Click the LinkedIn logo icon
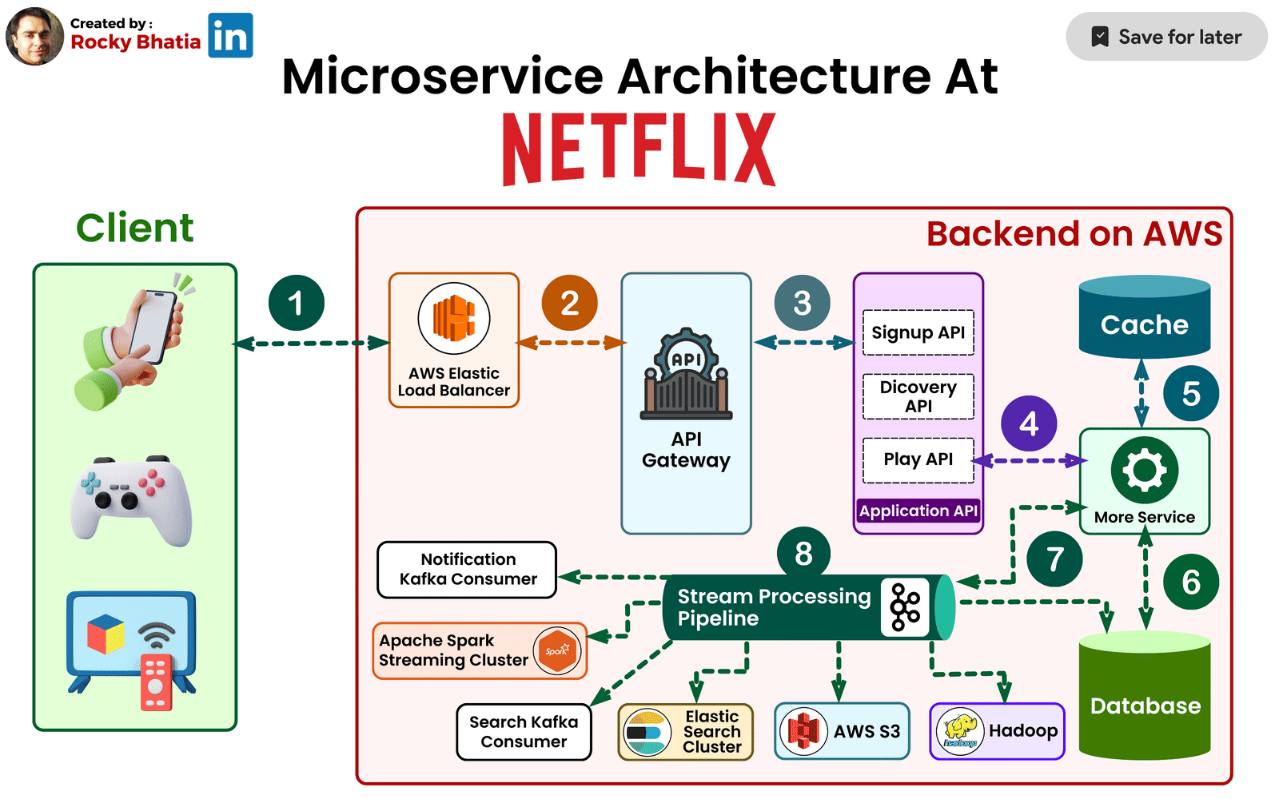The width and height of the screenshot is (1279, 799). (x=230, y=36)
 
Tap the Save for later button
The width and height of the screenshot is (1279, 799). (x=1166, y=37)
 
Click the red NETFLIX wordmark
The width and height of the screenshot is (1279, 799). (x=639, y=149)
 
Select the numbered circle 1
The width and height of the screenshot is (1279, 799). (x=296, y=303)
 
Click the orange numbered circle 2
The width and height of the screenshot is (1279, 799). (x=569, y=303)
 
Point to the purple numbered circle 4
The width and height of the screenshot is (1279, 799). (x=1029, y=423)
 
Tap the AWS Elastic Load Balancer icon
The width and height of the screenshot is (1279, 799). (x=454, y=318)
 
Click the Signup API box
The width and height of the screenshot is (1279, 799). (x=918, y=332)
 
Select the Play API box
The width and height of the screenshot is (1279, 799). (x=918, y=459)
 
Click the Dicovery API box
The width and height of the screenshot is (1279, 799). (x=918, y=396)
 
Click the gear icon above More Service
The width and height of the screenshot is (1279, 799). (x=1144, y=470)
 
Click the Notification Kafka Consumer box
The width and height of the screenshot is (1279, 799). (x=467, y=570)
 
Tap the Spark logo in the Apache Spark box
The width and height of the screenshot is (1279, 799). (x=557, y=650)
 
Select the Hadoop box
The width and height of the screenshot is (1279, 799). (x=997, y=731)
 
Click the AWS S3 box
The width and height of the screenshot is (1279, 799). (x=842, y=731)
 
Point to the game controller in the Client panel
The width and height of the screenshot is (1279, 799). (x=131, y=500)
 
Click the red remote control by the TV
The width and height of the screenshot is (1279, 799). (x=156, y=682)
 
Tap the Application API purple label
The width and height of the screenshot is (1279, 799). (x=918, y=511)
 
